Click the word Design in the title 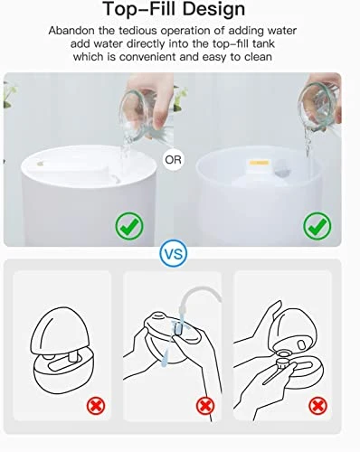coord(213,10)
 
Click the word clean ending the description coord(258,57)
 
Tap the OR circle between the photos coord(174,160)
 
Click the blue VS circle coord(174,253)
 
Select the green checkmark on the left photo coord(129,226)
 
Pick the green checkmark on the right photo coord(317,226)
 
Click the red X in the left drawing coord(96,406)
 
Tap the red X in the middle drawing coord(205,406)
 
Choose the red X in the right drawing coord(317,406)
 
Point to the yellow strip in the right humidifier coord(259,163)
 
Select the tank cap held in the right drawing coord(283,363)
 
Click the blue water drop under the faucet coord(164,360)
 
